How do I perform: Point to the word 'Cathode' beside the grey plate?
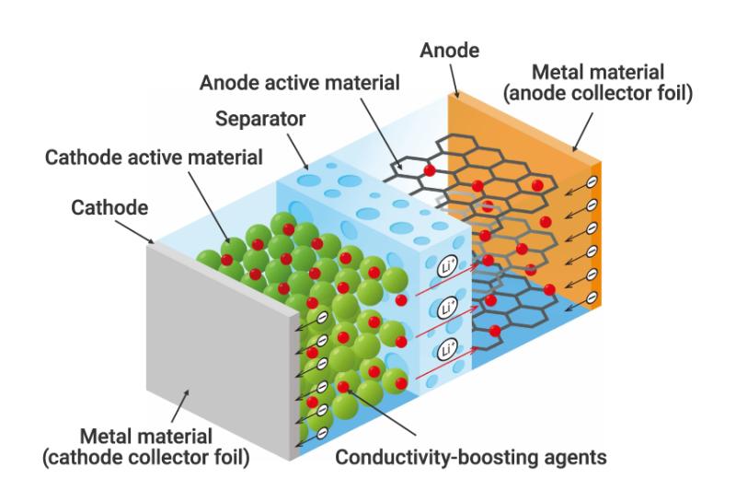[109, 209]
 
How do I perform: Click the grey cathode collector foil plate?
[216, 350]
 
